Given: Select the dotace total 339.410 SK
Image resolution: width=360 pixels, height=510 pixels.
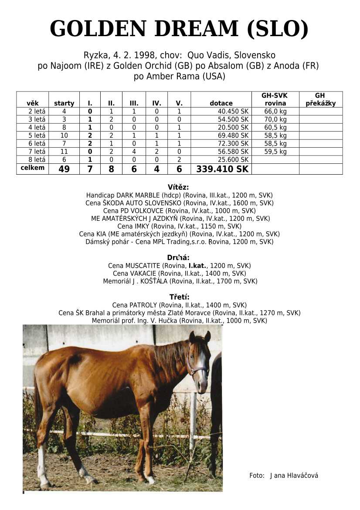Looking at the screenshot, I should point(222,169).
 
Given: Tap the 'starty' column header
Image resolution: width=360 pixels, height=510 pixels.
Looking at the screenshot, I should point(64,103).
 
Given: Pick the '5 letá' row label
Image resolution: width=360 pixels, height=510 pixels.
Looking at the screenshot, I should point(37,135).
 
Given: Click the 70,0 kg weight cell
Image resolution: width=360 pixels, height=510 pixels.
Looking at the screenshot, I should point(275,119).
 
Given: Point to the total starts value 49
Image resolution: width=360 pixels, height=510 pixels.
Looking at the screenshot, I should point(64,169).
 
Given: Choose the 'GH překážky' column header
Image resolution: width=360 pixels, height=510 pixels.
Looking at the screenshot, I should point(320,99).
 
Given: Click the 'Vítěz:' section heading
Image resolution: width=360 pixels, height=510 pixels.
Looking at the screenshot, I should point(178,187).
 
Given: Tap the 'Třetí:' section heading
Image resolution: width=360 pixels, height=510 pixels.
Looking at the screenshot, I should point(179,297).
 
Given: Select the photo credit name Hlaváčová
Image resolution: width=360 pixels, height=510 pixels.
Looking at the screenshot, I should point(302,476).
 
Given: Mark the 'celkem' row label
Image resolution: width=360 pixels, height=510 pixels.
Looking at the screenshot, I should point(33,168).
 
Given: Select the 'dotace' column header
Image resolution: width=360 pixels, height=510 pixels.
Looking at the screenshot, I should point(221,103).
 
